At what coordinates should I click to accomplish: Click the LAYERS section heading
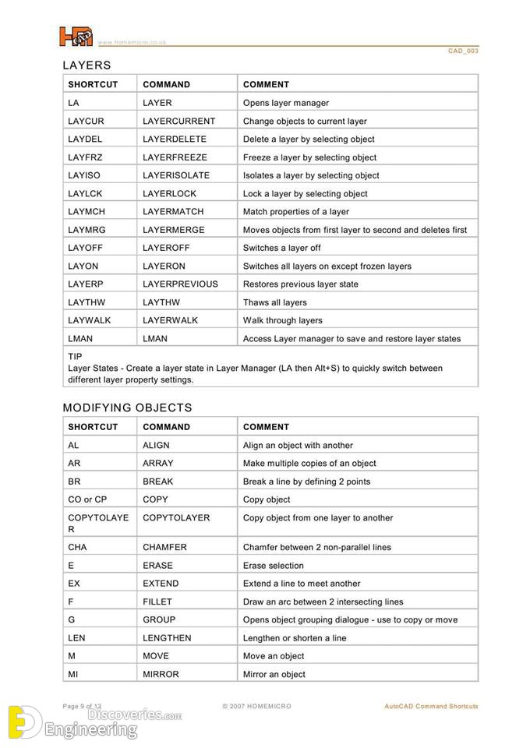pos(87,65)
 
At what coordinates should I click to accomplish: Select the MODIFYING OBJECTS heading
pos(127,408)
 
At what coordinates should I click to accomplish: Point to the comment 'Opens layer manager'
pos(286,103)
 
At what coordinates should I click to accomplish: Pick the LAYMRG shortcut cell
pos(87,230)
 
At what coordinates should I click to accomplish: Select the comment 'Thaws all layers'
pos(275,302)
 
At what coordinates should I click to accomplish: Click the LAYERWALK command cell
pos(171,320)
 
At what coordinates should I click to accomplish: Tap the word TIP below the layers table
pos(75,356)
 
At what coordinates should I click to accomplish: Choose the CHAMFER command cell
pos(164,547)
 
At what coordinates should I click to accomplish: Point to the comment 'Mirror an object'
pos(274,674)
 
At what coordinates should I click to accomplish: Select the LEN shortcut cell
pos(77,637)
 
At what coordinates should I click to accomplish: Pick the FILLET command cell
pos(157,602)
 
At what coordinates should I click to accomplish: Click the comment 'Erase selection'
pos(274,565)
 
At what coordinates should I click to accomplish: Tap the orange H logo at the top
pos(75,37)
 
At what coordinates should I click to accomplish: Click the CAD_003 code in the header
pos(463,51)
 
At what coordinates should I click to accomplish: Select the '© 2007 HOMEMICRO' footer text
pos(256,707)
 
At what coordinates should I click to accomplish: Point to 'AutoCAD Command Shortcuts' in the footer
pos(431,707)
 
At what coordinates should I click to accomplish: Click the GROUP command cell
pos(159,619)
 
